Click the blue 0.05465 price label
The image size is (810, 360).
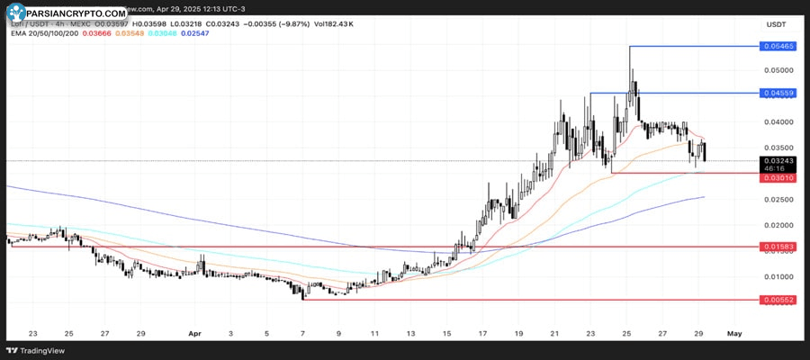point(778,45)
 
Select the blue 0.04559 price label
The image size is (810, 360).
point(778,93)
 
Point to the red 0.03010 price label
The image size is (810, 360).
point(778,178)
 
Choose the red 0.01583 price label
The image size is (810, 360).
point(778,246)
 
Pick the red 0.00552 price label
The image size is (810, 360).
point(778,299)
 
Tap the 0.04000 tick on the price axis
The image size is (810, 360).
point(778,121)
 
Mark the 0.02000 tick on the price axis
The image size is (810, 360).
point(778,225)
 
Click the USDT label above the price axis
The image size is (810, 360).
point(776,23)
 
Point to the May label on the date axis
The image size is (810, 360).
point(734,333)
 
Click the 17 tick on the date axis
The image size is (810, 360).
point(482,333)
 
